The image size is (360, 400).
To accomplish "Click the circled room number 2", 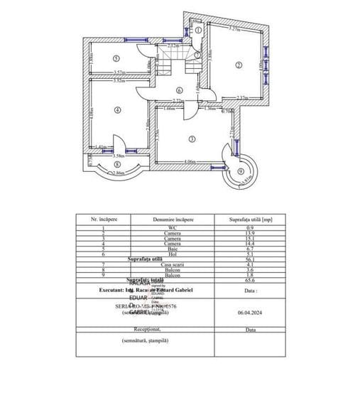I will click(239, 65).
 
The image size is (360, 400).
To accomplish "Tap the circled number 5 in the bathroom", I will click(116, 59).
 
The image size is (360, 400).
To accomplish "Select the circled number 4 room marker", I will click(117, 109).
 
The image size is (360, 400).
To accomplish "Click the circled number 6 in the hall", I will click(180, 90).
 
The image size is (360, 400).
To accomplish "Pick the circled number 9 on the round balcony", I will click(241, 172).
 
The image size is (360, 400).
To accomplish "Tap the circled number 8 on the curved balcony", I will click(116, 164).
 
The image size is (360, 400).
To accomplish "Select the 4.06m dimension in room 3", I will click(189, 162).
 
